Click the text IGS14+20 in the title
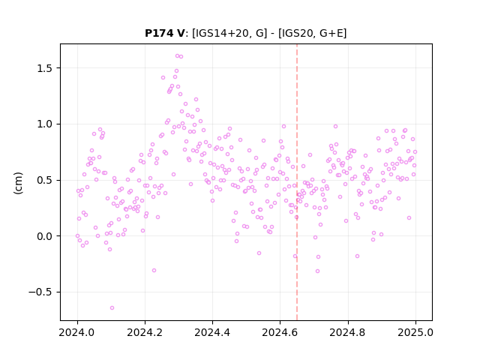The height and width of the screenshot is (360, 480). [x=221, y=33]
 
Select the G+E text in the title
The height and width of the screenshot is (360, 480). [x=331, y=33]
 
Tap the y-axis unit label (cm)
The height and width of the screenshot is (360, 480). [x=18, y=183]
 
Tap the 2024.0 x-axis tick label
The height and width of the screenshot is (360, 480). [x=77, y=332]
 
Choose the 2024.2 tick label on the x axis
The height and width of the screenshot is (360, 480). [x=145, y=332]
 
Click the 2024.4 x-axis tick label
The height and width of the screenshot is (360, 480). [x=212, y=332]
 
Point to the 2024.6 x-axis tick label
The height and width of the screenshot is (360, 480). [x=280, y=332]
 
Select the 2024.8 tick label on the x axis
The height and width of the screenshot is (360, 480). [x=348, y=332]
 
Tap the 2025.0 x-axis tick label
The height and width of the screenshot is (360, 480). [x=415, y=332]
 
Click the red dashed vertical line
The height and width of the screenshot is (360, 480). [x=297, y=182]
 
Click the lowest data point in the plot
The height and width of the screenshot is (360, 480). [x=112, y=307]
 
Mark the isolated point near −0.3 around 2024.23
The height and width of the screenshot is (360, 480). [x=154, y=270]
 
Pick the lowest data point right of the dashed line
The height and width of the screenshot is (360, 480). [x=317, y=271]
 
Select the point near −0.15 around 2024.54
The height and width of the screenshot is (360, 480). [x=259, y=253]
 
